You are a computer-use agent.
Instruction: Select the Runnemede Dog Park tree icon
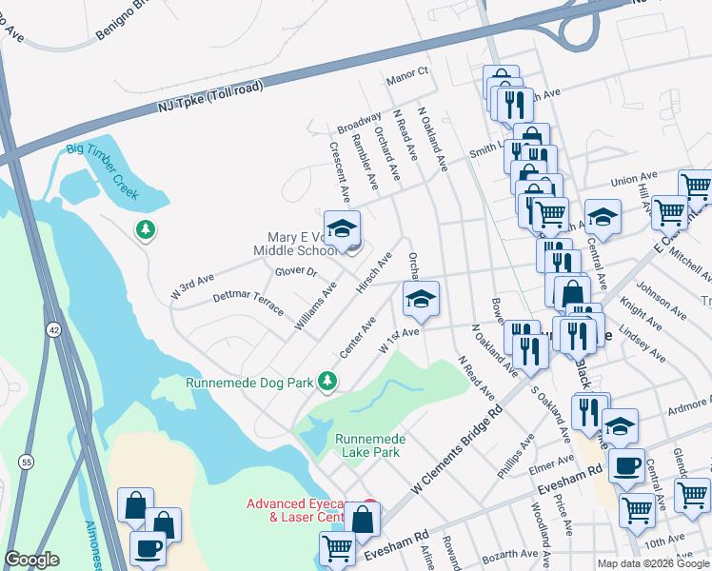click(327, 382)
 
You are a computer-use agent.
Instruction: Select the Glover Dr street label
click(295, 271)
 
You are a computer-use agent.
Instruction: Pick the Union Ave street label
click(634, 179)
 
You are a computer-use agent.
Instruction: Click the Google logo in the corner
click(31, 560)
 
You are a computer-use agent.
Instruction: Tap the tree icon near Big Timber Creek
click(145, 229)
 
